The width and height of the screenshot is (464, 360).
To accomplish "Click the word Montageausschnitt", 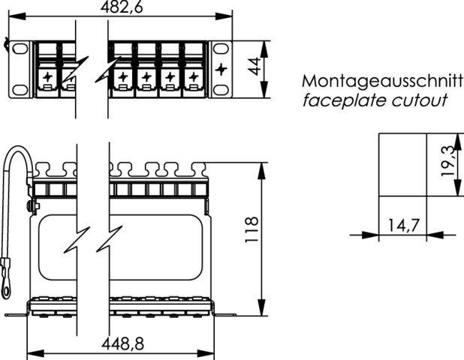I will tap(382, 80).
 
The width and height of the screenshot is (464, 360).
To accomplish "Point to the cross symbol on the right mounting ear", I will tap(221, 69).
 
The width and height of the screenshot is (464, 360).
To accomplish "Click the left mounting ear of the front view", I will tap(17, 69).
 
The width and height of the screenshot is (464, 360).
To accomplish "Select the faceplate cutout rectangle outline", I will tap(403, 165).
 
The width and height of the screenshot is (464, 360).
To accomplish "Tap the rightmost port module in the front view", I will tap(195, 69).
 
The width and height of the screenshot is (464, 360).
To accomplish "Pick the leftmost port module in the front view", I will tap(47, 69).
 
